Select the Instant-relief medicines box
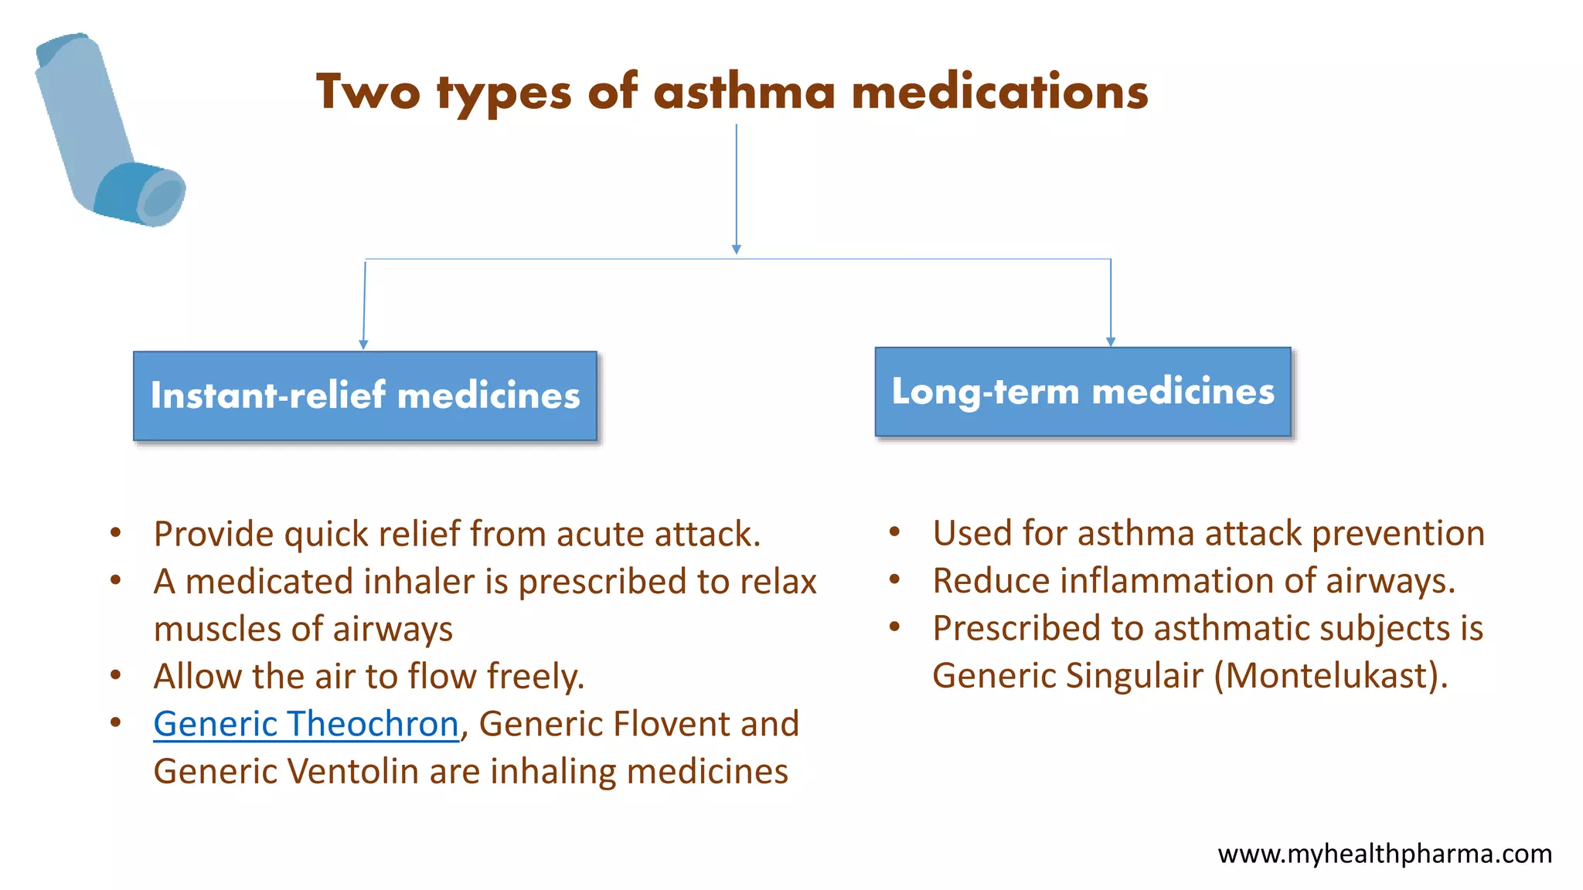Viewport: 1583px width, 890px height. (x=365, y=396)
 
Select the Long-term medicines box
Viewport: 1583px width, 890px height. (x=1083, y=392)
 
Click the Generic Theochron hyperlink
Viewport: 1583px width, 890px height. (x=306, y=724)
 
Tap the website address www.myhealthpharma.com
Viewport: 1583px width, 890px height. (x=1384, y=854)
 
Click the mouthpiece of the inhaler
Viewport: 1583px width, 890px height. (x=161, y=198)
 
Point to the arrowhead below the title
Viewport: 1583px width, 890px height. (x=737, y=249)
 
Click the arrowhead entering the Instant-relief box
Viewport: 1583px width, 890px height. (x=363, y=345)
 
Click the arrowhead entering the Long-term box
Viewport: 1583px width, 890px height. (x=1111, y=341)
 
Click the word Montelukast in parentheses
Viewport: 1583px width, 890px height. (x=1329, y=676)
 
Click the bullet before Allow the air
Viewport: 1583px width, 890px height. (x=116, y=676)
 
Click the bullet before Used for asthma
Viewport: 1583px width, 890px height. (x=895, y=532)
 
